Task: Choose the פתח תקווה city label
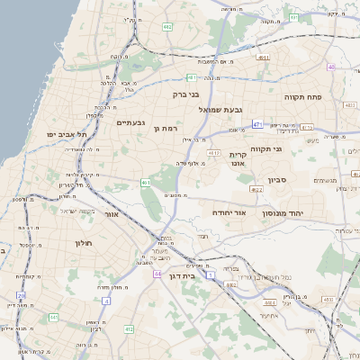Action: [x=303, y=96]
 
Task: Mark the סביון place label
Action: [x=276, y=180]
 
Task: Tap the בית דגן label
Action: [x=182, y=275]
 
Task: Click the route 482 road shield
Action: [x=167, y=28]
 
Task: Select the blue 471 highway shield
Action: [x=258, y=124]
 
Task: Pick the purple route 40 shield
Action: [x=331, y=67]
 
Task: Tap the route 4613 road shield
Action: [x=214, y=153]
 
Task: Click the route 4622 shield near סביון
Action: [x=256, y=190]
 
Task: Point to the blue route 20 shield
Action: [x=22, y=295]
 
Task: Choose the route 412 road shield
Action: [x=129, y=329]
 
